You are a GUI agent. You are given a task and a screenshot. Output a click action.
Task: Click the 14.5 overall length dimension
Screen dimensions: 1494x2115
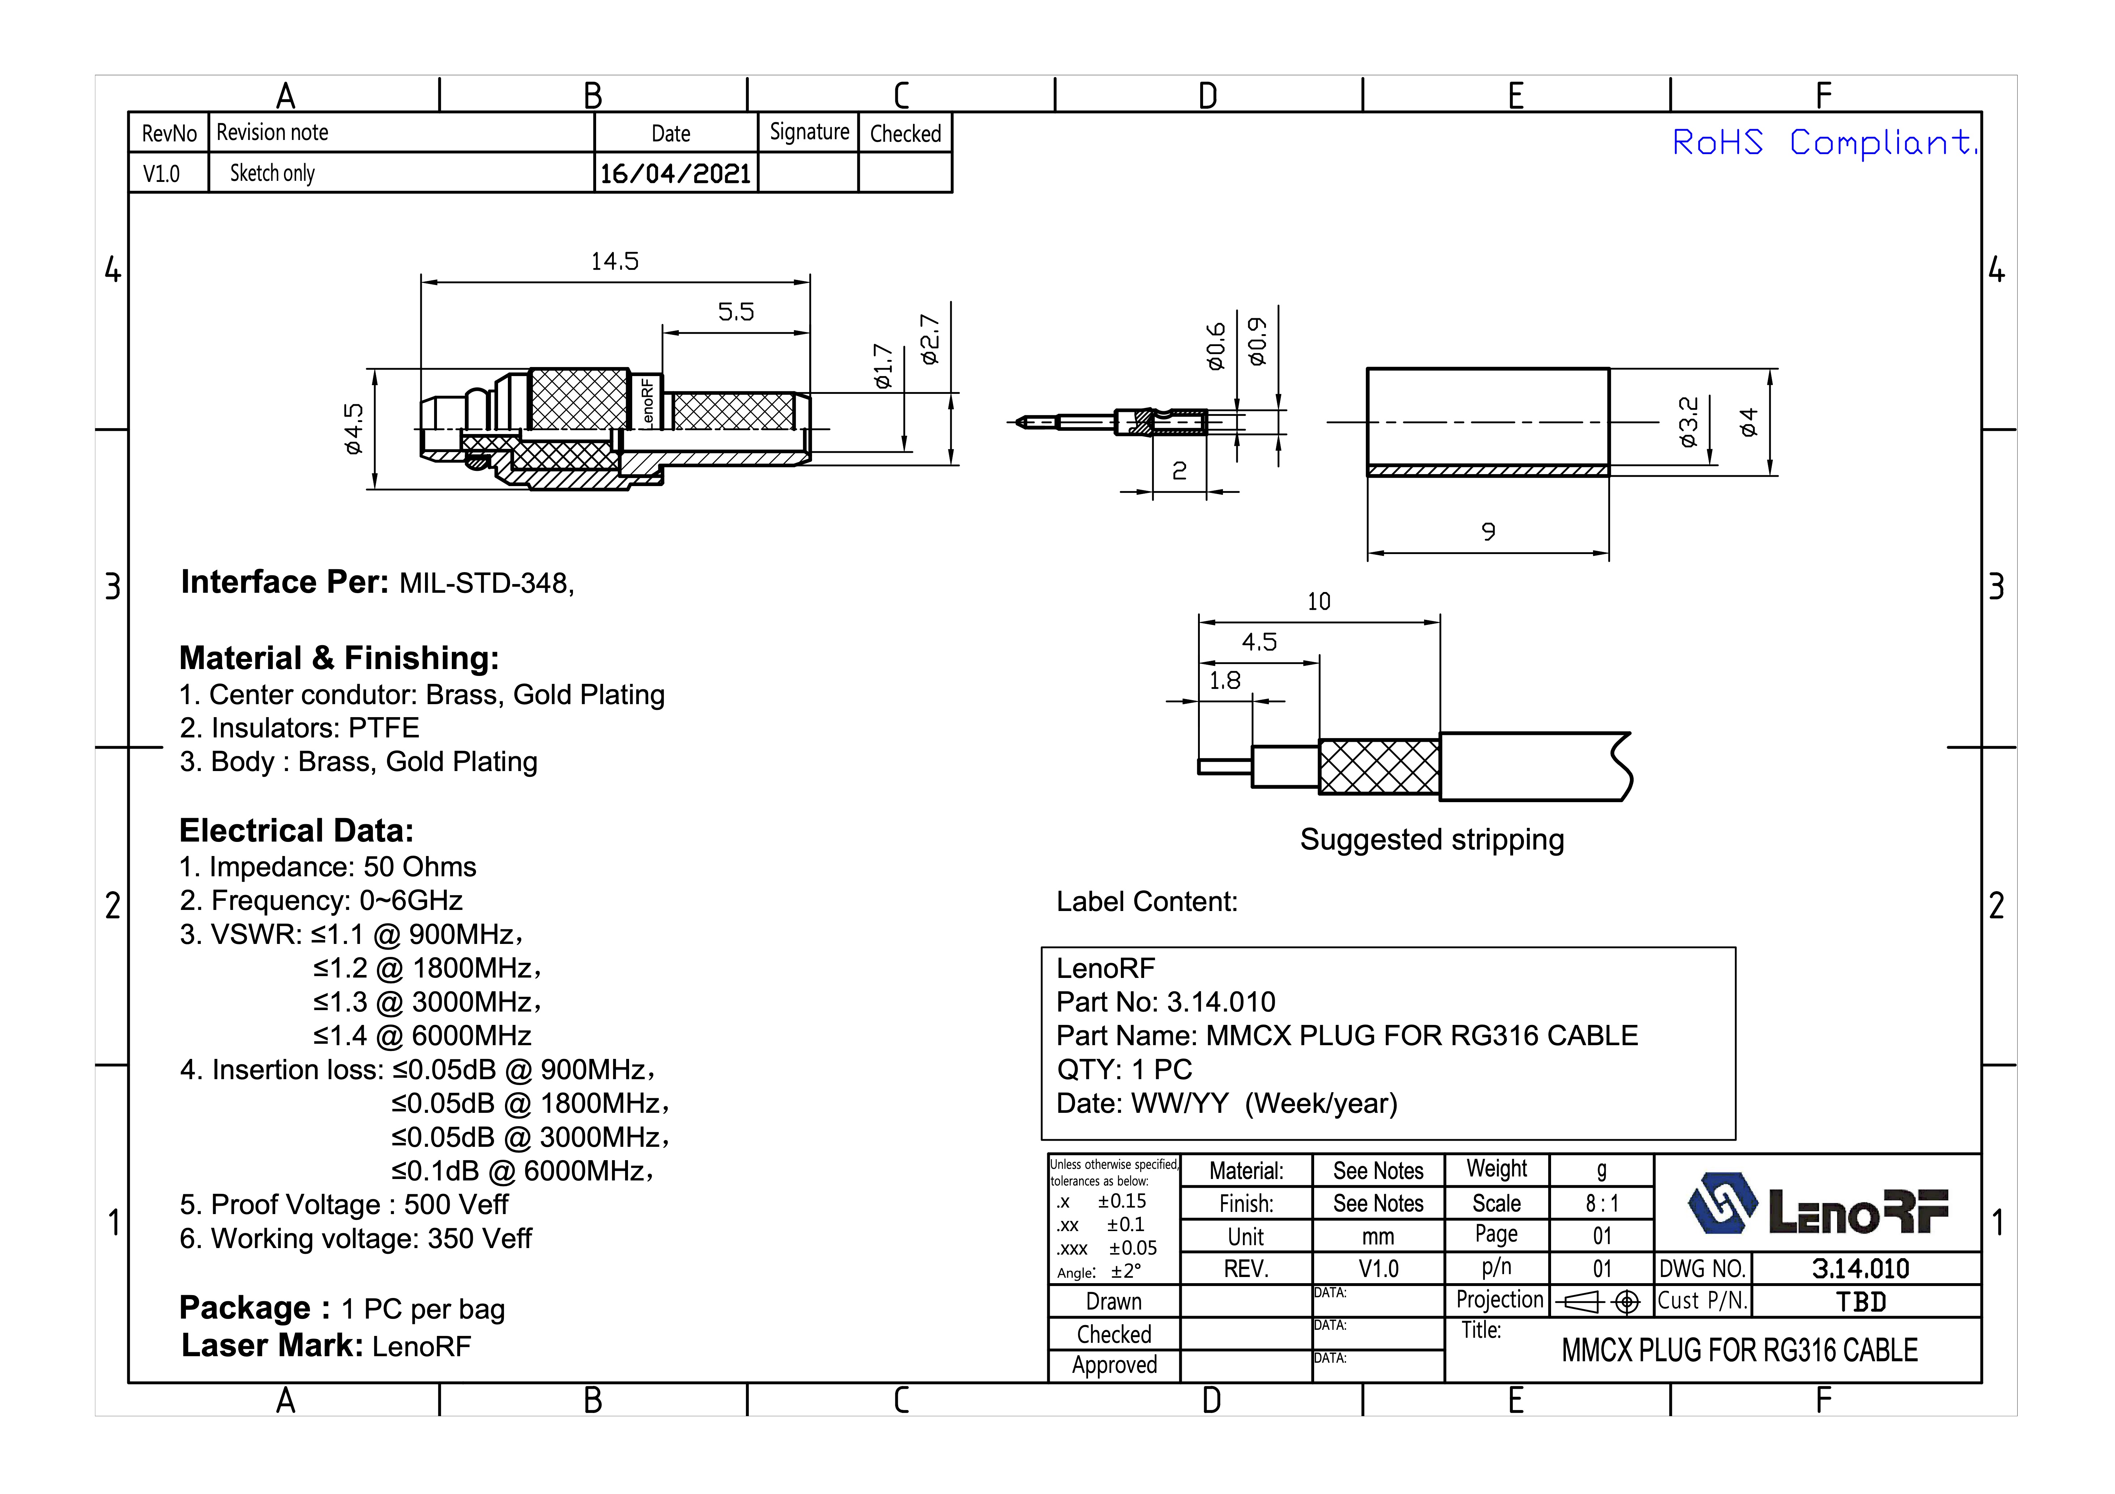tap(615, 261)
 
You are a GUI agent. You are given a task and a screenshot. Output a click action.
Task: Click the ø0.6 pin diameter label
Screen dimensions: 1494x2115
tap(1217, 346)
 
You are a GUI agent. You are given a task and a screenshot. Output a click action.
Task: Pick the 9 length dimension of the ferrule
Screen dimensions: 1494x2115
tap(1488, 532)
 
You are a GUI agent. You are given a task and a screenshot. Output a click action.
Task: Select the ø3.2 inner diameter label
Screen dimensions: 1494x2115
tap(1687, 422)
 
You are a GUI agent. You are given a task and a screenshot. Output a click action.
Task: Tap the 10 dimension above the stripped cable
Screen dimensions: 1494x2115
tap(1318, 601)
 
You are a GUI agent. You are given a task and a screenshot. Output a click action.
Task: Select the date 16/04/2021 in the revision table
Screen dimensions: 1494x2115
tap(675, 173)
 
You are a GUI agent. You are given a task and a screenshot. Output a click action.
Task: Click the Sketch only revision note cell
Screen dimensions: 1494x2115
tap(273, 173)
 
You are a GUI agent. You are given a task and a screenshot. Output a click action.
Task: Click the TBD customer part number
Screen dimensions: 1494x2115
tap(1861, 1302)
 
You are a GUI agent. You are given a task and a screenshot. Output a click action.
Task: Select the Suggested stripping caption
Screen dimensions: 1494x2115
tap(1431, 840)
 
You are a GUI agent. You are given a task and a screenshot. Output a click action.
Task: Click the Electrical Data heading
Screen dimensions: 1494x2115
tap(297, 831)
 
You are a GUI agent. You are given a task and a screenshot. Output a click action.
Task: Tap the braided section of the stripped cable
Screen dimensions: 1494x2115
tap(1379, 766)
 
